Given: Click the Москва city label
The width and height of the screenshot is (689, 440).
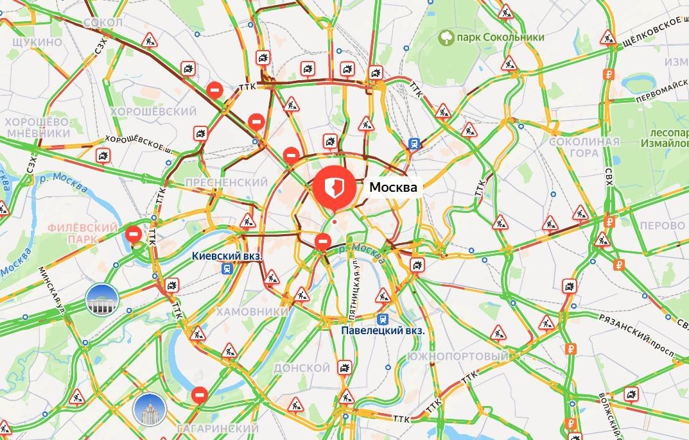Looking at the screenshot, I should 393,187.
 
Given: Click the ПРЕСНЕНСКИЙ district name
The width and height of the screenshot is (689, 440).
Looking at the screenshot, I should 226,183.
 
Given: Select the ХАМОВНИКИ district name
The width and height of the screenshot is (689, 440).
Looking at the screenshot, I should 252,311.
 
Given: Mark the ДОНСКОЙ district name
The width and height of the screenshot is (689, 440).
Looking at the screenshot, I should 302,368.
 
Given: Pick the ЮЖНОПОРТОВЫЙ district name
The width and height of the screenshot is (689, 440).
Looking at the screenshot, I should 457,356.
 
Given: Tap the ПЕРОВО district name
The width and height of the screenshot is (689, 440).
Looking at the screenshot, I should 662,226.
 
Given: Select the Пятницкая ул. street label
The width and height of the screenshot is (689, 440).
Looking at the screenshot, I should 354,287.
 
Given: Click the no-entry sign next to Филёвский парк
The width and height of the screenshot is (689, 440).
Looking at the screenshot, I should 134,234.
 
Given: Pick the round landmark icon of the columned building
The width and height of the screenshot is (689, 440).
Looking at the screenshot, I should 103,299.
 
